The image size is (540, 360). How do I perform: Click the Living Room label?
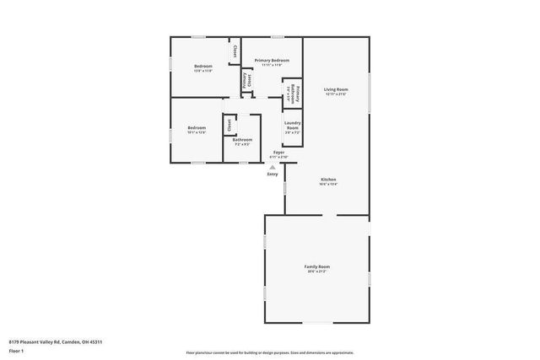tap(336, 89)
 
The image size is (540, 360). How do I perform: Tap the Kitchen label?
tap(328, 180)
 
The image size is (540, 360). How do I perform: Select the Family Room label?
tap(316, 266)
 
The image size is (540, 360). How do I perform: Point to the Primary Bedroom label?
tap(272, 61)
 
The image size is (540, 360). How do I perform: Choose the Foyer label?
tap(278, 153)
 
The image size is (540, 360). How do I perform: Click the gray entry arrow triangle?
tap(273, 167)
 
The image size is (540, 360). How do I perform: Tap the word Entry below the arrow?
tap(273, 174)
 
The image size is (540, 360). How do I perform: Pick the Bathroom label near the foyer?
tap(242, 139)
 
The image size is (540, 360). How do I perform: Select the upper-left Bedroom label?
tap(203, 66)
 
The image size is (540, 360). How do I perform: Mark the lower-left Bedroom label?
tap(197, 127)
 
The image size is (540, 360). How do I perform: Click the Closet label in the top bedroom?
tap(235, 51)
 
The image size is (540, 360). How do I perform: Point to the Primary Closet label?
tap(247, 81)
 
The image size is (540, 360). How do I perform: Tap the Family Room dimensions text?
tap(316, 271)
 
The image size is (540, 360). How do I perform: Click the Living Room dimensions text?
tap(336, 94)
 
